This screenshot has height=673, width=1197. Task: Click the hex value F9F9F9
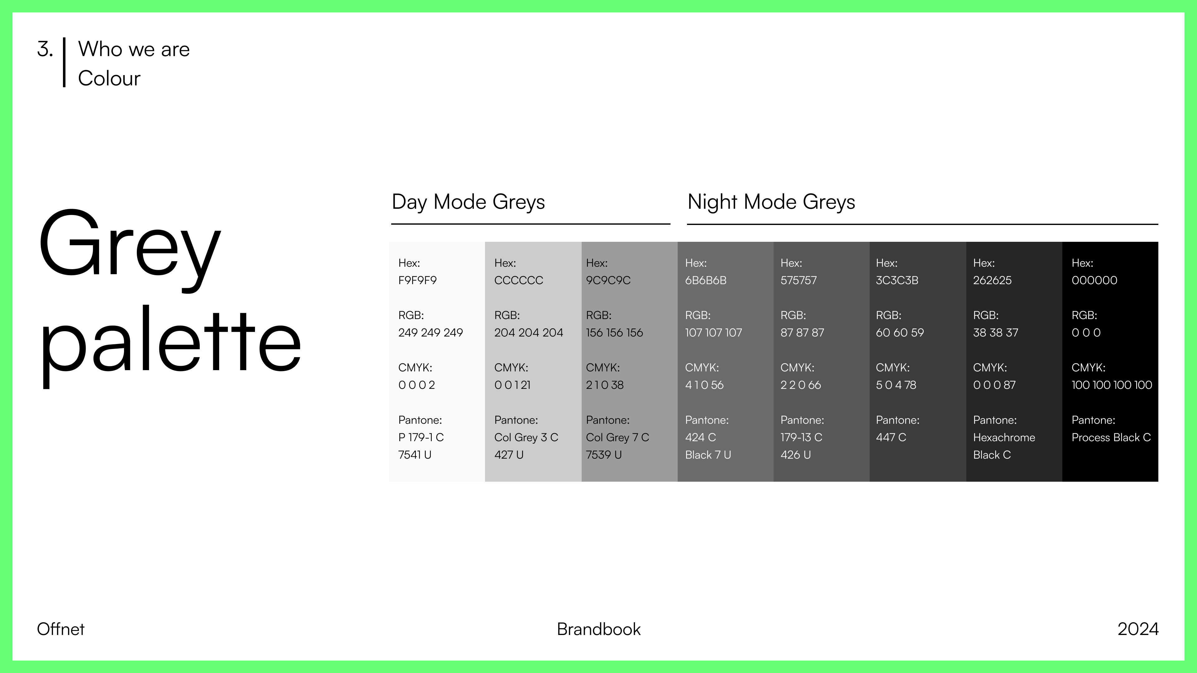(417, 280)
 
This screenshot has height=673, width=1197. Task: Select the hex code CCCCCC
(519, 280)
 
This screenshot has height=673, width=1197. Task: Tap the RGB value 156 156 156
(614, 332)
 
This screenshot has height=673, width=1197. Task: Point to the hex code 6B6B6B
(705, 280)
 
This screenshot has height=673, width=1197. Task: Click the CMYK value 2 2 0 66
(800, 385)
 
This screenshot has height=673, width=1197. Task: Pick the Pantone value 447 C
(891, 437)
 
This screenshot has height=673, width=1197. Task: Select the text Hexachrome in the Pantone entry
(1004, 437)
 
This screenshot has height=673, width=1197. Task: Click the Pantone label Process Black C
(1111, 437)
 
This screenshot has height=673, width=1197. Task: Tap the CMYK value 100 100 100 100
(1112, 385)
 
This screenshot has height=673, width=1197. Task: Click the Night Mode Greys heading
(772, 202)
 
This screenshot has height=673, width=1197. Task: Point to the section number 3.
(45, 49)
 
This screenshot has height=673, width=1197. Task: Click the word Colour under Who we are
(109, 78)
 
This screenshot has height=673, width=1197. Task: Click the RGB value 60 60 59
(900, 332)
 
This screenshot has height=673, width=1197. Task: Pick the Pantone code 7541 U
(415, 455)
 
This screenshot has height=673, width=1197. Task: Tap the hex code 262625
(992, 280)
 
